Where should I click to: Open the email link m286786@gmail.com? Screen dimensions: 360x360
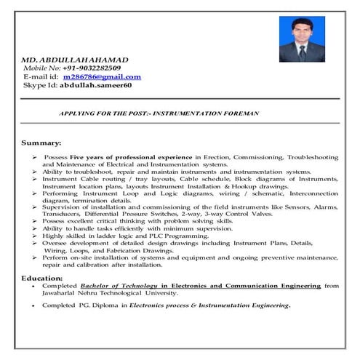click(102, 76)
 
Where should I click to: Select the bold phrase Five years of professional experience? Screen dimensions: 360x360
click(132, 157)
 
